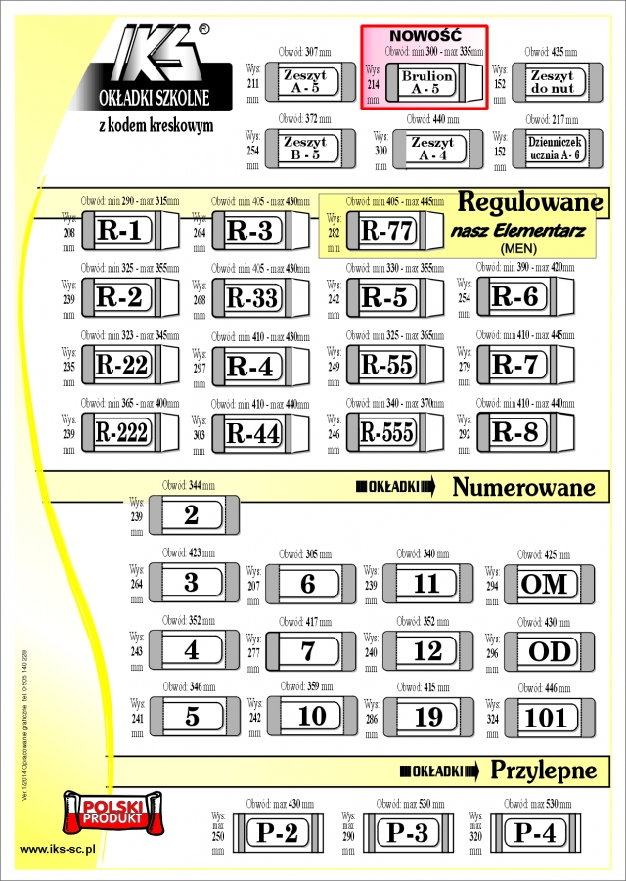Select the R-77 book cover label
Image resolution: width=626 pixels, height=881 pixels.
[387, 231]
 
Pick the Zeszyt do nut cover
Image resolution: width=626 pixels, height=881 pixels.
[551, 81]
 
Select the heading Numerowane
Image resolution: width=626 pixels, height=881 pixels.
[524, 487]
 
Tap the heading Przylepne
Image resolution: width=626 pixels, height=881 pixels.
[543, 770]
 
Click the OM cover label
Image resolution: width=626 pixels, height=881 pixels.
[545, 584]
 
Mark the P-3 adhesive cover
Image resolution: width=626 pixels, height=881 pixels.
[408, 833]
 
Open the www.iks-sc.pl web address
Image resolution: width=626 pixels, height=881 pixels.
[57, 849]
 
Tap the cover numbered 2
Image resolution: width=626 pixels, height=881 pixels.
[192, 515]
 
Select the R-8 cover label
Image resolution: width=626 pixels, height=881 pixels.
[514, 431]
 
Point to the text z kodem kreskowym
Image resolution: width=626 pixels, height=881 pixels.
[156, 126]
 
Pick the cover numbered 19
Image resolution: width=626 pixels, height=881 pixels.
[427, 717]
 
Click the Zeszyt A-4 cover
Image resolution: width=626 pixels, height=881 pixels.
[431, 149]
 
